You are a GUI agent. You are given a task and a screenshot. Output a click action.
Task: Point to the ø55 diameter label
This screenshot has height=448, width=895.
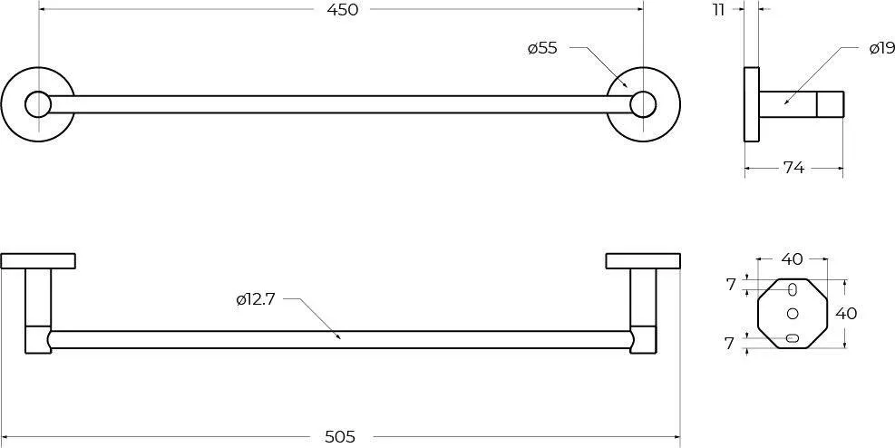[x=542, y=48]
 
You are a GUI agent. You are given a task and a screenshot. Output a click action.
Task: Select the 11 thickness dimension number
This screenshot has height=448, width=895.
[x=718, y=10]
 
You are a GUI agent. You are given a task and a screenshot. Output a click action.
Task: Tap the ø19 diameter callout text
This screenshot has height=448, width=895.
[x=882, y=48]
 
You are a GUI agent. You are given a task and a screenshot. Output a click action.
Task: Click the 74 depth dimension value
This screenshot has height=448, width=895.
[x=793, y=168]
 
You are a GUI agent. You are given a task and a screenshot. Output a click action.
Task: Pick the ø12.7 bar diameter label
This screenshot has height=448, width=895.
[x=256, y=299]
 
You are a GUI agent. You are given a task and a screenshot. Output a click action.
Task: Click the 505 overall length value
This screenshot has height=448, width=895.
[x=340, y=437]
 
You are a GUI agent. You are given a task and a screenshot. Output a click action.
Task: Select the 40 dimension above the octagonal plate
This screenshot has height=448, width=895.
[x=792, y=259]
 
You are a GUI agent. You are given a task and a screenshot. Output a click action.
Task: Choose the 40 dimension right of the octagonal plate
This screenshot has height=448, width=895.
[x=846, y=313]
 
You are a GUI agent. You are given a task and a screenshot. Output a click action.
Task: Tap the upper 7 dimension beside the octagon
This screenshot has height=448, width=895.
[x=731, y=285]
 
